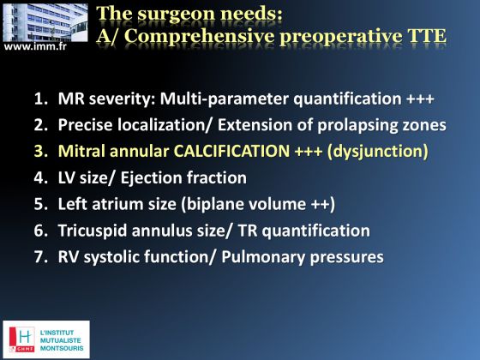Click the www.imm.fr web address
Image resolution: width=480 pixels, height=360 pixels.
[35, 46]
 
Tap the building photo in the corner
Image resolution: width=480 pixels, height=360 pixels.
[45, 22]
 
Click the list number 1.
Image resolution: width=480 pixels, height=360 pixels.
[39, 99]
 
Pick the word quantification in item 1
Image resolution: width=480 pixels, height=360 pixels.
[347, 99]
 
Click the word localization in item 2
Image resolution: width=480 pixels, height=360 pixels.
[161, 125]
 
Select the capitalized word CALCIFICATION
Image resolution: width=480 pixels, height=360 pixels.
[231, 151]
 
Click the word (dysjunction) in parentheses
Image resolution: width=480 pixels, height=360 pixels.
[377, 152]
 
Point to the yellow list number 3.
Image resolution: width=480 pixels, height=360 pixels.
[40, 151]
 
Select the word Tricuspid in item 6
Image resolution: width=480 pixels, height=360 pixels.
[93, 231]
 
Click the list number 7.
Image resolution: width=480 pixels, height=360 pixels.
[40, 256]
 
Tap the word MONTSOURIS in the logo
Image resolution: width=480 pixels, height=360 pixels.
[62, 348]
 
